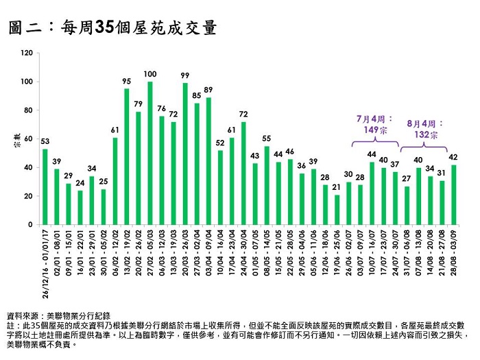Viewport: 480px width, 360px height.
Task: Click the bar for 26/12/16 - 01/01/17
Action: [x=45, y=187]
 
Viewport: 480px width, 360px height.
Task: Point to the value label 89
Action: [x=208, y=90]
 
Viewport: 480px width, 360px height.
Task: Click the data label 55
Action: [x=267, y=139]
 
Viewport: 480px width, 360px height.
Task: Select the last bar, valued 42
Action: [x=453, y=195]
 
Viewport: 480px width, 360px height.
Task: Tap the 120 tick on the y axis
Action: [x=27, y=53]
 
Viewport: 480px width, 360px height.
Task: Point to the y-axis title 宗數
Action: [x=14, y=143]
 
